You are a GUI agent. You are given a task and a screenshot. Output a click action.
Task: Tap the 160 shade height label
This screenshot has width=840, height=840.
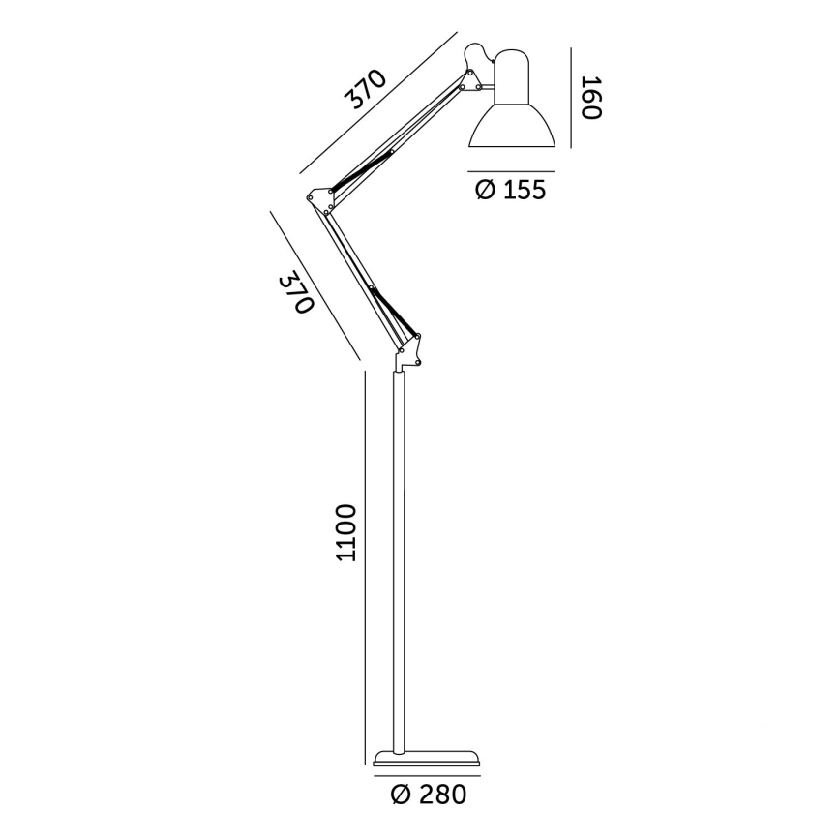coord(590,98)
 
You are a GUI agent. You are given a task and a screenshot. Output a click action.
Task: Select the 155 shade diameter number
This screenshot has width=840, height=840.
coord(524,189)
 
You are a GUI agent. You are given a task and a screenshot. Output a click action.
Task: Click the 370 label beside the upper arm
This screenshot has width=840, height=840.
coord(368,90)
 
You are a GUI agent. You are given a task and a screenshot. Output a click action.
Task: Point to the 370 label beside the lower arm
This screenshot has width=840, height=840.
coord(297,293)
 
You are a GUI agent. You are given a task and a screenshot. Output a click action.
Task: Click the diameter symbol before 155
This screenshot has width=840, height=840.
coord(486,189)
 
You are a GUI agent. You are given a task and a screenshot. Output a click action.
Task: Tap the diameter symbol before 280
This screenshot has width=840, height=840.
coord(403,795)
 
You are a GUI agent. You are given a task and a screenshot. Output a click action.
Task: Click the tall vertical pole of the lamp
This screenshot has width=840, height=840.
coord(399,561)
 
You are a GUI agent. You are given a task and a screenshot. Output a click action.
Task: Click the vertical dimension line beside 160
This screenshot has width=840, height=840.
coord(572,98)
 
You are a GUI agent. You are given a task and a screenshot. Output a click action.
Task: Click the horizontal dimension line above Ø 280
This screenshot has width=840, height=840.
coord(427,774)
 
